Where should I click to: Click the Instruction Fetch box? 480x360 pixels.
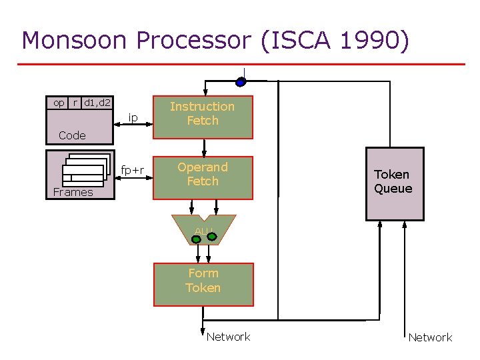coord(203,114)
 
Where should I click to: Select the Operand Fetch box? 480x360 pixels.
coord(203,175)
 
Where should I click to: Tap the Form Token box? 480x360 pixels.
coord(203,281)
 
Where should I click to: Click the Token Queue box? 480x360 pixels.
coord(394,182)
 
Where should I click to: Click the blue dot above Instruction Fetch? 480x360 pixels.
coord(241,82)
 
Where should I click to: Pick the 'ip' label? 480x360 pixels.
coord(133,118)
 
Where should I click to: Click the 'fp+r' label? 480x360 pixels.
coord(133,170)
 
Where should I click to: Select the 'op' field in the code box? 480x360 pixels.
coord(59,103)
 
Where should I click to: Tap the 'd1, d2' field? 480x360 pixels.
coord(97,103)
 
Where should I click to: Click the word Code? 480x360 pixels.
coord(72,135)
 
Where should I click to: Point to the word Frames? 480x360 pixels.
coord(73,193)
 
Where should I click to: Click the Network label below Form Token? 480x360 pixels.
coord(229,337)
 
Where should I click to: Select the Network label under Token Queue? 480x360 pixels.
coord(430,337)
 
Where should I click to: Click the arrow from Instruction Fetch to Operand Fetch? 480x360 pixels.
coord(204,147)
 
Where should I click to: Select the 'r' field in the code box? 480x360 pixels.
coord(75,103)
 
